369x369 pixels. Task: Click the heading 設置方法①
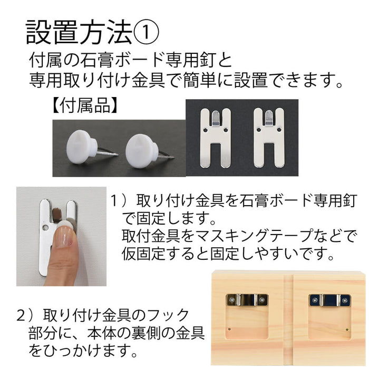[92, 32]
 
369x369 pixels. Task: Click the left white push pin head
[80, 147]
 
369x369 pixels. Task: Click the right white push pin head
[141, 151]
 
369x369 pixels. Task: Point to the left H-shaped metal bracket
[215, 138]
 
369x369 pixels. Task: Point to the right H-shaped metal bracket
[269, 138]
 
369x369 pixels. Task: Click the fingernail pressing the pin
[63, 237]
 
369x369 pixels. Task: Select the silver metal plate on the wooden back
[247, 300]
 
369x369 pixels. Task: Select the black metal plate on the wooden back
[329, 300]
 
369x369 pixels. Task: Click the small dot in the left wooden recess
[229, 329]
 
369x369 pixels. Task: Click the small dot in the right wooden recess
[347, 329]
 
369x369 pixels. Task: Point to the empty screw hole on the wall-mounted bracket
[45, 228]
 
